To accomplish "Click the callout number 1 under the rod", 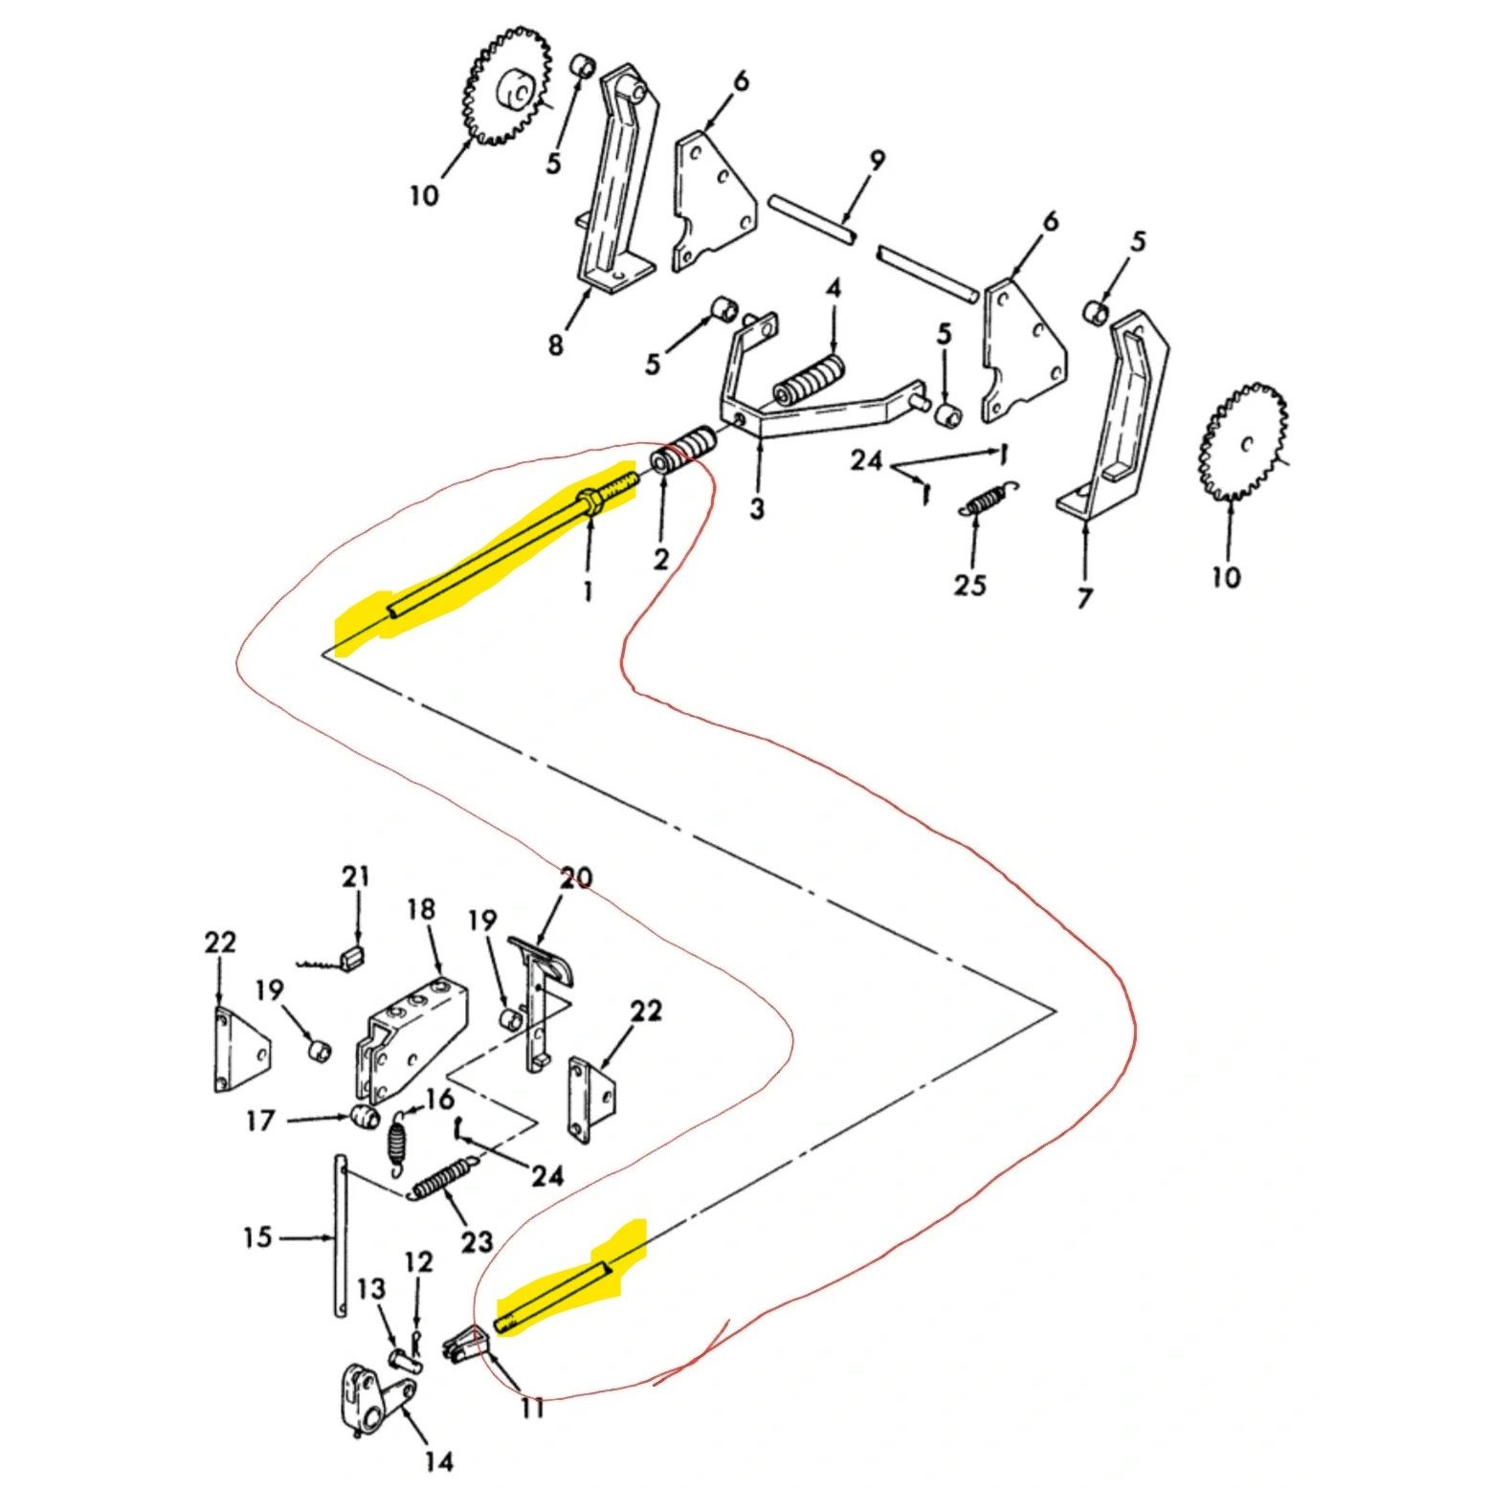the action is click(588, 590).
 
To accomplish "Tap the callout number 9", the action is click(877, 161).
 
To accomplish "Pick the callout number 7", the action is click(1084, 599).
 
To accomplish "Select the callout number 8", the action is click(556, 344).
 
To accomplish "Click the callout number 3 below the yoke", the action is click(757, 508).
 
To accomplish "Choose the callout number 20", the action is click(576, 877).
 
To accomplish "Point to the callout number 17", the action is click(260, 1120).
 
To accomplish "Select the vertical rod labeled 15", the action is click(340, 1236).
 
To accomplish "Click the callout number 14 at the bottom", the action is click(437, 1461).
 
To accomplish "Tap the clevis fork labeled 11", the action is click(465, 1345).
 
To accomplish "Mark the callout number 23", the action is click(477, 1241).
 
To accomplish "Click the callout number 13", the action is click(372, 1289).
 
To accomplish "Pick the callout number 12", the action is click(418, 1262).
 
